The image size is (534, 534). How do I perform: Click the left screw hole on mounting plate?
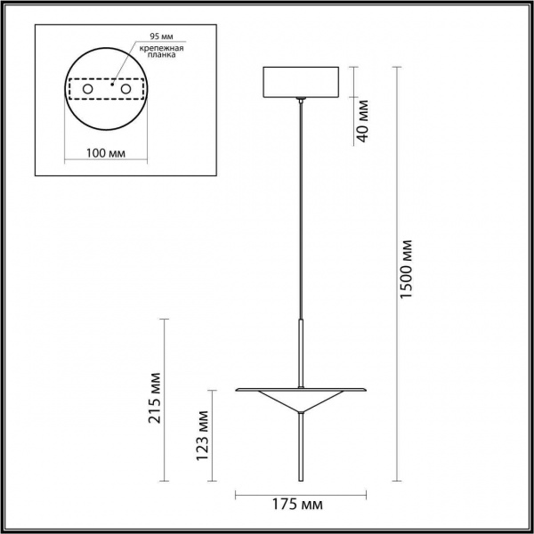(87, 90)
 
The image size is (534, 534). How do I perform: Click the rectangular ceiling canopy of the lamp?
(303, 82)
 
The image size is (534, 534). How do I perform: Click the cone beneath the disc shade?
(303, 402)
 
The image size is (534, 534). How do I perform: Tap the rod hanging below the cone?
(303, 449)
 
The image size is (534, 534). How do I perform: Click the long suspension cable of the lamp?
(303, 205)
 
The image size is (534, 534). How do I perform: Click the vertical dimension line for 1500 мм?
(392, 267)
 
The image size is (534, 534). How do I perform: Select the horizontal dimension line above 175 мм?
(303, 492)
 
